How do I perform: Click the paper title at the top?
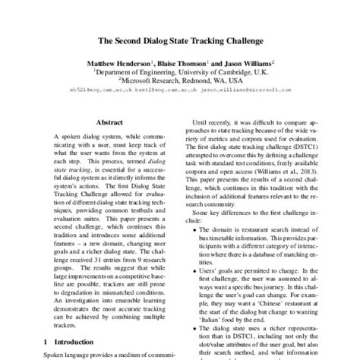coord(180,38)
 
